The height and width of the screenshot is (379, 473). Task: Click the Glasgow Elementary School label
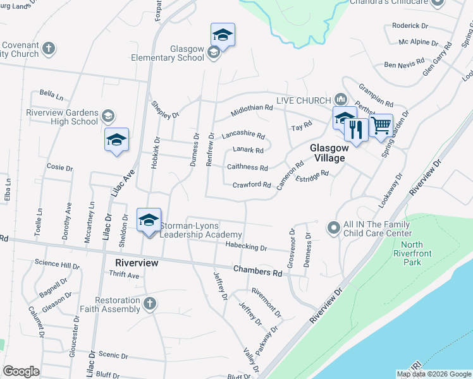pos(187,53)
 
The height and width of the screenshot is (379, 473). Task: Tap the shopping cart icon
pos(381,125)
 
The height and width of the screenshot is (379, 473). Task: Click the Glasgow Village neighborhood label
pos(327,152)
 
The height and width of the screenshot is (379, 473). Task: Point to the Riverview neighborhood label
pos(136,262)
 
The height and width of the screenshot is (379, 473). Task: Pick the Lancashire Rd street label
pos(243,135)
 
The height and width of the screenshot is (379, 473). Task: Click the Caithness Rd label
pos(247,167)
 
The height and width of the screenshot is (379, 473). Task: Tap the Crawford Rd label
pos(252,184)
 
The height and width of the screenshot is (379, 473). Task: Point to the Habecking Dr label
pos(246,248)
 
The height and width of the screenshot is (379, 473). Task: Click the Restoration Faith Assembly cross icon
pos(149,304)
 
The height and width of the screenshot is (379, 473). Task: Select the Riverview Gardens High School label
pos(63,117)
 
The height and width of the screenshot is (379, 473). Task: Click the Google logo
pos(21,371)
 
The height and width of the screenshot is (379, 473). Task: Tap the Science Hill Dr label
pos(57,263)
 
